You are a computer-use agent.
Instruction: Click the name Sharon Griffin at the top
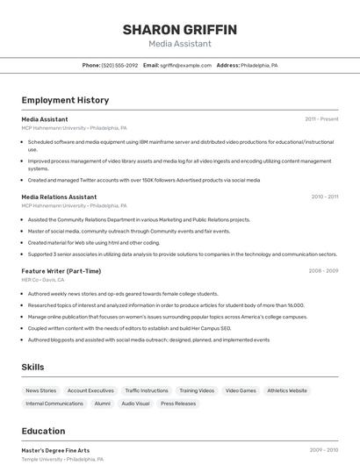pyautogui.click(x=179, y=30)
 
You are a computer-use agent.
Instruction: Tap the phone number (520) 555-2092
pyautogui.click(x=119, y=65)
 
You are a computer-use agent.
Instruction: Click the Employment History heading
pyautogui.click(x=65, y=100)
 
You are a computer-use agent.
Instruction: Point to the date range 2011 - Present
pyautogui.click(x=321, y=119)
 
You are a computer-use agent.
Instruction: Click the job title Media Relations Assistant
pyautogui.click(x=59, y=197)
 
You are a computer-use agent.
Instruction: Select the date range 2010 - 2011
pyautogui.click(x=324, y=197)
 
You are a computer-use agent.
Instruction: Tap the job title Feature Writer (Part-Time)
pyautogui.click(x=61, y=271)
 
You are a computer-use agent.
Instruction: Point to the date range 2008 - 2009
pyautogui.click(x=323, y=271)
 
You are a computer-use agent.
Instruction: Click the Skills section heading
pyautogui.click(x=33, y=366)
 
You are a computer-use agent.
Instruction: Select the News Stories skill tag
pyautogui.click(x=40, y=390)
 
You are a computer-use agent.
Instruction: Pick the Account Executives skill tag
pyautogui.click(x=90, y=390)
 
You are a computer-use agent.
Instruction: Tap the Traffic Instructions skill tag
pyautogui.click(x=147, y=390)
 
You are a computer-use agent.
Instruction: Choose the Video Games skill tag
pyautogui.click(x=241, y=390)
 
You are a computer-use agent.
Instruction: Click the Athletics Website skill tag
pyautogui.click(x=287, y=390)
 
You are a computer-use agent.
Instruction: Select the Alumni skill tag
pyautogui.click(x=103, y=404)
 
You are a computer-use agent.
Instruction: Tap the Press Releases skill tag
pyautogui.click(x=179, y=404)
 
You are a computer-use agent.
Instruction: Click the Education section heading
pyautogui.click(x=43, y=431)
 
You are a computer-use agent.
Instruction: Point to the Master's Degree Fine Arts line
pyautogui.click(x=55, y=450)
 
